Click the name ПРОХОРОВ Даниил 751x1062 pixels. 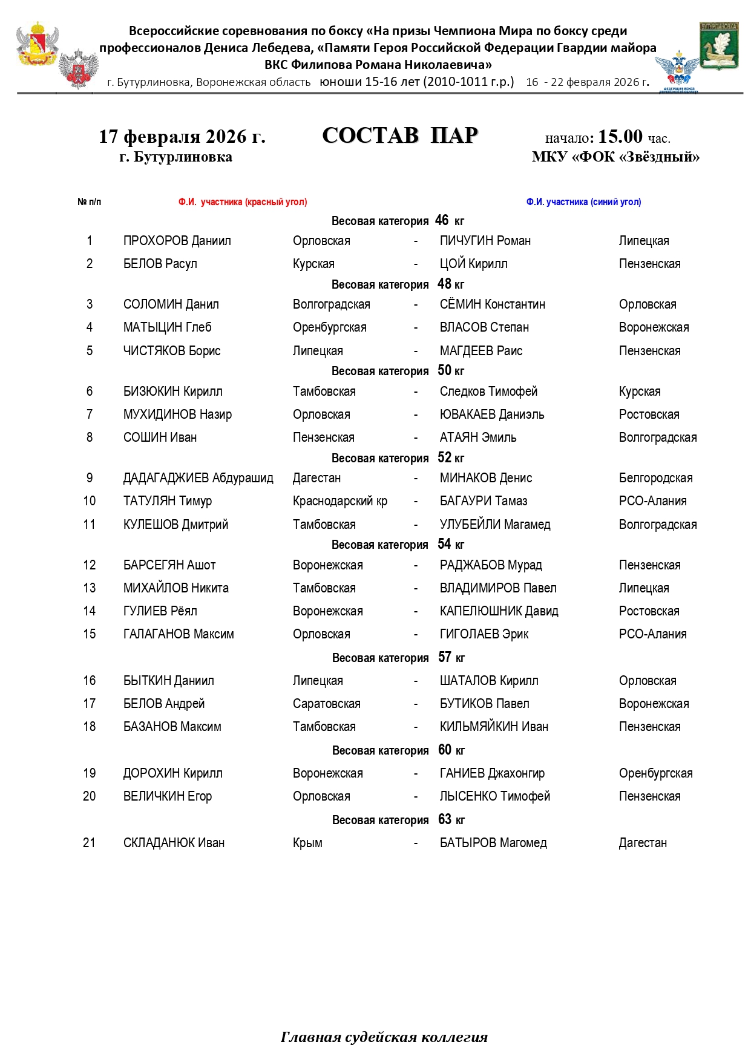[x=177, y=241]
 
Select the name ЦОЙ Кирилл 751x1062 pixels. [x=473, y=264]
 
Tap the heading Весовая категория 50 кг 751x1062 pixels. [x=398, y=371]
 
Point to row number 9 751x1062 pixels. [x=90, y=478]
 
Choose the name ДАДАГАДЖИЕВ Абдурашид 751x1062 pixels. [x=198, y=478]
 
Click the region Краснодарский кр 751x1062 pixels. [x=339, y=501]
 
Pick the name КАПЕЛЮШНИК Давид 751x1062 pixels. [x=499, y=611]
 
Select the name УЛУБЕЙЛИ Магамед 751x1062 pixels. [x=494, y=525]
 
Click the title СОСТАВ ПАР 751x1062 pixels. [x=400, y=136]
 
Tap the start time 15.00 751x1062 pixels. [x=620, y=136]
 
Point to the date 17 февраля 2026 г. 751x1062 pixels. [x=182, y=137]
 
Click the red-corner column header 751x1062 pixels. [x=242, y=202]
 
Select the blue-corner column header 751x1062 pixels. [x=583, y=202]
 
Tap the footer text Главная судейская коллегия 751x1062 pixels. [x=384, y=1037]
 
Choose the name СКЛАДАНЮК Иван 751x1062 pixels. [x=174, y=843]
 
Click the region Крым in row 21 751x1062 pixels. [x=307, y=843]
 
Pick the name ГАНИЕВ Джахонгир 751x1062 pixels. [x=491, y=773]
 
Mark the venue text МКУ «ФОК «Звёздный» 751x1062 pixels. [x=615, y=157]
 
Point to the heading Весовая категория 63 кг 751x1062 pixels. [x=398, y=820]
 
